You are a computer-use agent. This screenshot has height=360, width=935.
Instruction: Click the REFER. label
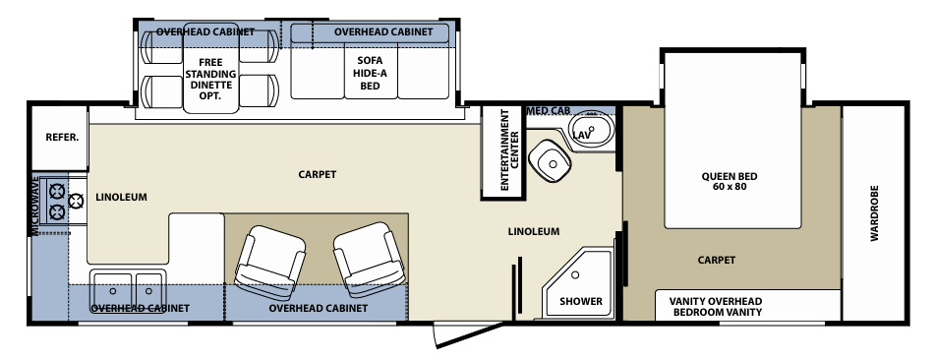[62, 138]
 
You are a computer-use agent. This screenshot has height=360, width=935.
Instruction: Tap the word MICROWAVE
[35, 205]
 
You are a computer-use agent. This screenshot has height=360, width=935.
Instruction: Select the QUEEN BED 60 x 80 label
[730, 181]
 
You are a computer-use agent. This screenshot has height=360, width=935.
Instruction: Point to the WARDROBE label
[874, 213]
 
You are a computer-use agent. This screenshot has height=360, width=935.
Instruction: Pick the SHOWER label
[581, 301]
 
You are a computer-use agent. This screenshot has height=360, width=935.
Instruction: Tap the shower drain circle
[575, 275]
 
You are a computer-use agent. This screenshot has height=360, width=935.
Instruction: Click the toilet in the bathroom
[551, 161]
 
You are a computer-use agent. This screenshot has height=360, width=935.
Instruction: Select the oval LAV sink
[590, 129]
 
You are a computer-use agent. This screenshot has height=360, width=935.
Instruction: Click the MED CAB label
[550, 110]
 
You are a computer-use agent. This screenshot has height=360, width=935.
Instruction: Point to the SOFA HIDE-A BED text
[370, 73]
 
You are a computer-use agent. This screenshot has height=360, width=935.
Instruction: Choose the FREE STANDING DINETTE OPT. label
[210, 79]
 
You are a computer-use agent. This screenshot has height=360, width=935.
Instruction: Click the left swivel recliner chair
[270, 263]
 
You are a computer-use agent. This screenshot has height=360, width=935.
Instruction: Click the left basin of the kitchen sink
[112, 290]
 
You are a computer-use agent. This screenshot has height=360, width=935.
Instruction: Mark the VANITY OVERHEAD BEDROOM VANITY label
[716, 306]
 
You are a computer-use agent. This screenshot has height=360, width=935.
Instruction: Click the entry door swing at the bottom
[469, 335]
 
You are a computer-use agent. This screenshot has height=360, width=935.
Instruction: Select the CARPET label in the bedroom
[716, 260]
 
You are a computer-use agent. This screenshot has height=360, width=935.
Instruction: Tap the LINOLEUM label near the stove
[121, 197]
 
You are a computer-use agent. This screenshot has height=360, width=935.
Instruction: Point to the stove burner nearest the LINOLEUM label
[77, 202]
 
